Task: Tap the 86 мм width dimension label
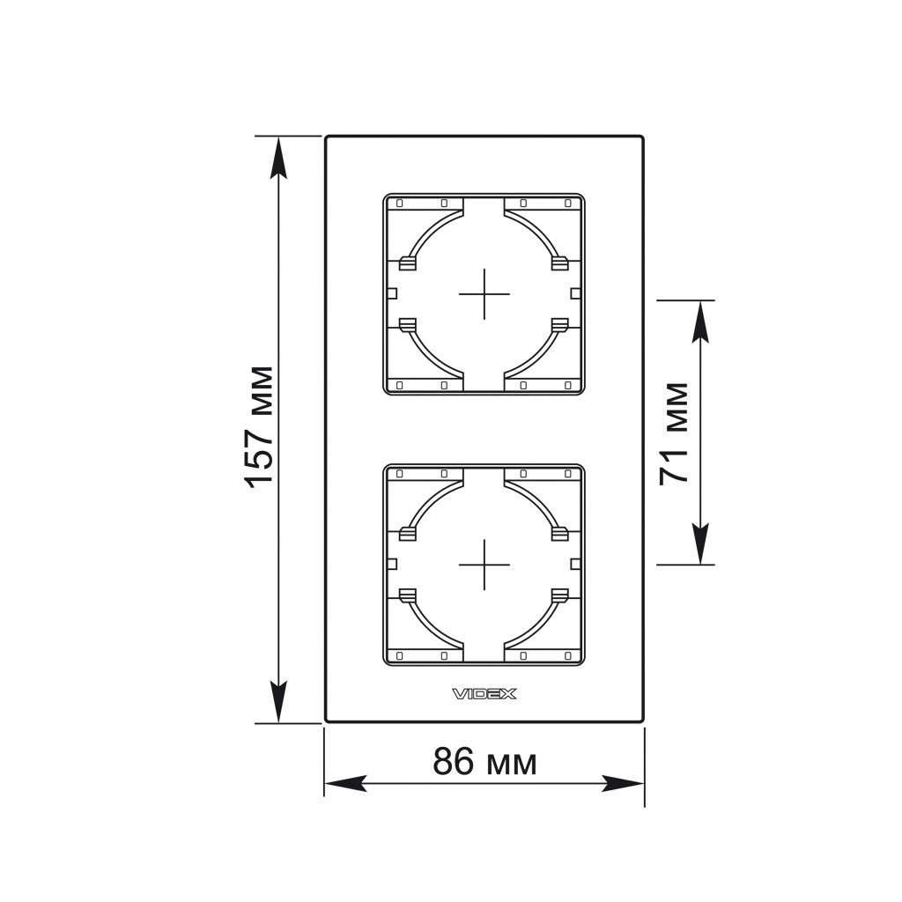click(484, 761)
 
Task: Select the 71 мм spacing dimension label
click(674, 433)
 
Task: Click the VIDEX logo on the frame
click(484, 694)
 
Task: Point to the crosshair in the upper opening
click(484, 294)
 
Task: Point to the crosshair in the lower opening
click(484, 565)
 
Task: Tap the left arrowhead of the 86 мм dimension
click(345, 783)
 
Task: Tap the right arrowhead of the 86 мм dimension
click(623, 783)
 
